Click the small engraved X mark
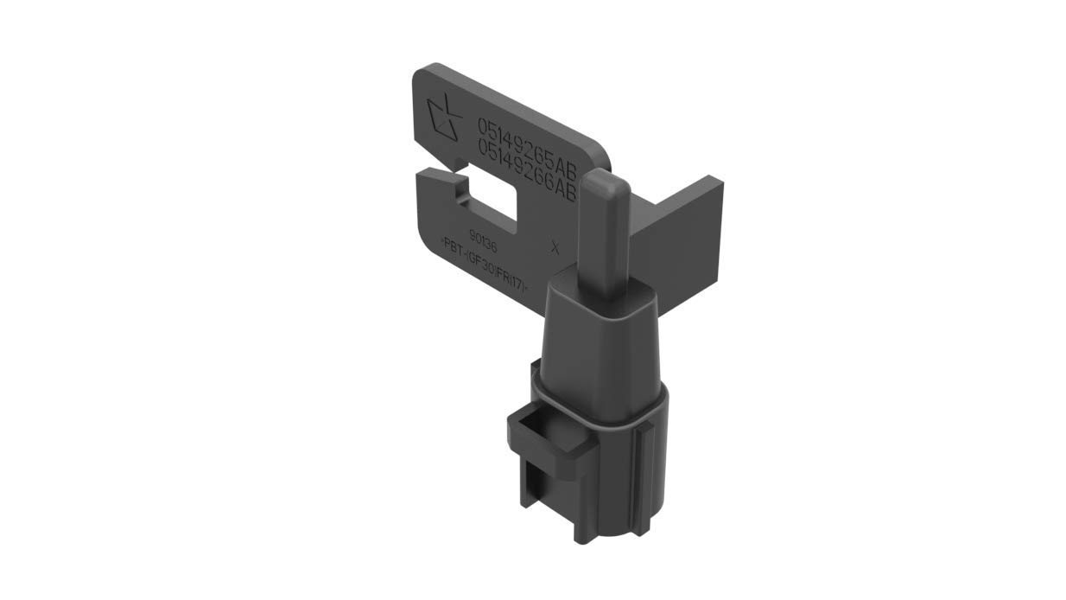555,247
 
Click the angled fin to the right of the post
682,233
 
